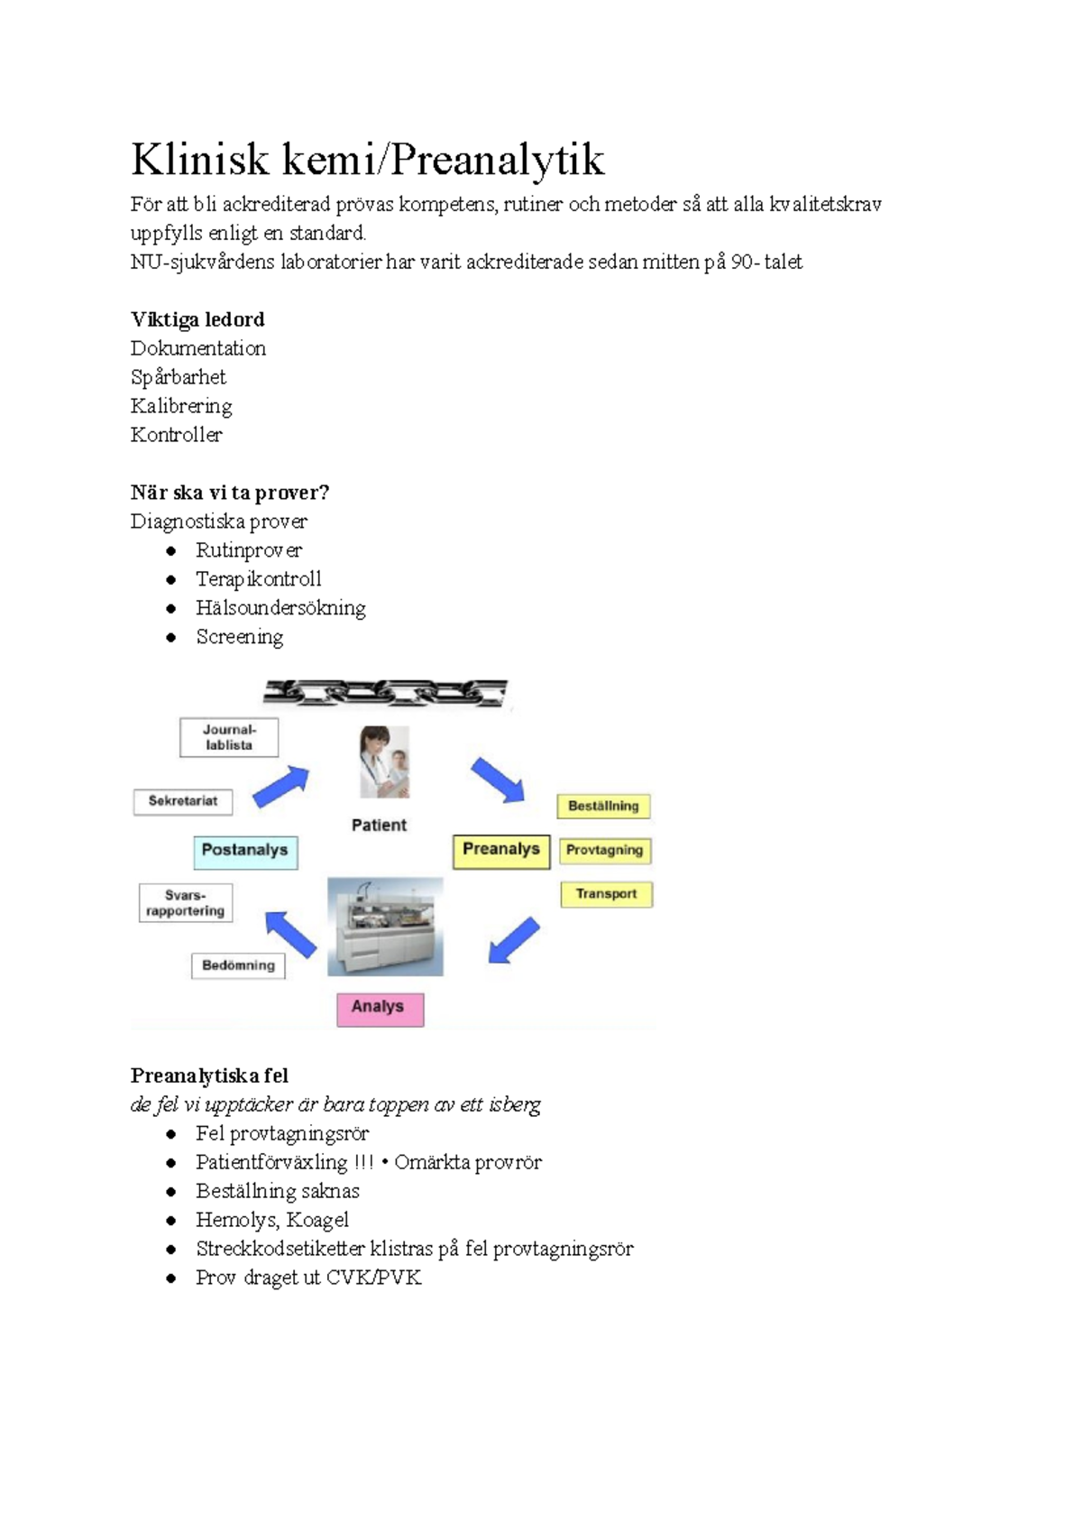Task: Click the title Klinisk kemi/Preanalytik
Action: click(367, 160)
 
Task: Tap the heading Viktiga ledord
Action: click(197, 319)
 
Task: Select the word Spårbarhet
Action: click(178, 377)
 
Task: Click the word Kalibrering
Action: click(181, 406)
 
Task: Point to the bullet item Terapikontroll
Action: click(258, 579)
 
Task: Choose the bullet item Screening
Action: click(239, 637)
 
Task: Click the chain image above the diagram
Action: click(385, 693)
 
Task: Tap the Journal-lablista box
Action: click(229, 737)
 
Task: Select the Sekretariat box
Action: click(183, 801)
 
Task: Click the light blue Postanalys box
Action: click(245, 851)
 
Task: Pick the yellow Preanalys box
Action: click(500, 850)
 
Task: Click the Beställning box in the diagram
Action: click(603, 806)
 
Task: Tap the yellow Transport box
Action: click(606, 894)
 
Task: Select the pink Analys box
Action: click(380, 1008)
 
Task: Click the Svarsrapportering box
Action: click(186, 903)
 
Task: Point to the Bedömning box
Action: click(238, 965)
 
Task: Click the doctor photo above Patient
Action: click(385, 762)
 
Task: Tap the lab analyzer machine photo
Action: click(385, 927)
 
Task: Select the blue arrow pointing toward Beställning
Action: click(498, 780)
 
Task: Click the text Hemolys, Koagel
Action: click(271, 1220)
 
